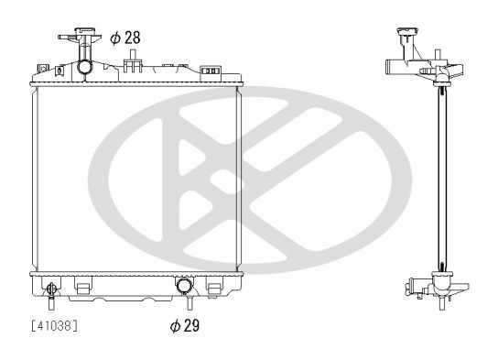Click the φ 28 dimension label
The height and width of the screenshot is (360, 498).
[x=124, y=38]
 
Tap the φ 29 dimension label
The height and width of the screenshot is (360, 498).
[x=184, y=326]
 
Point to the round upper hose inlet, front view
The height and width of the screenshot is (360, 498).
[x=85, y=67]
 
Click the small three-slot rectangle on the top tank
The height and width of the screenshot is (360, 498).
[x=210, y=71]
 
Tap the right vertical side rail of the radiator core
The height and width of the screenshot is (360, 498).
[x=238, y=179]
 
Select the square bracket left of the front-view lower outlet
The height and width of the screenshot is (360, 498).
[x=82, y=288]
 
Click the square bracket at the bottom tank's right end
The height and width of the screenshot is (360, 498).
[x=214, y=288]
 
